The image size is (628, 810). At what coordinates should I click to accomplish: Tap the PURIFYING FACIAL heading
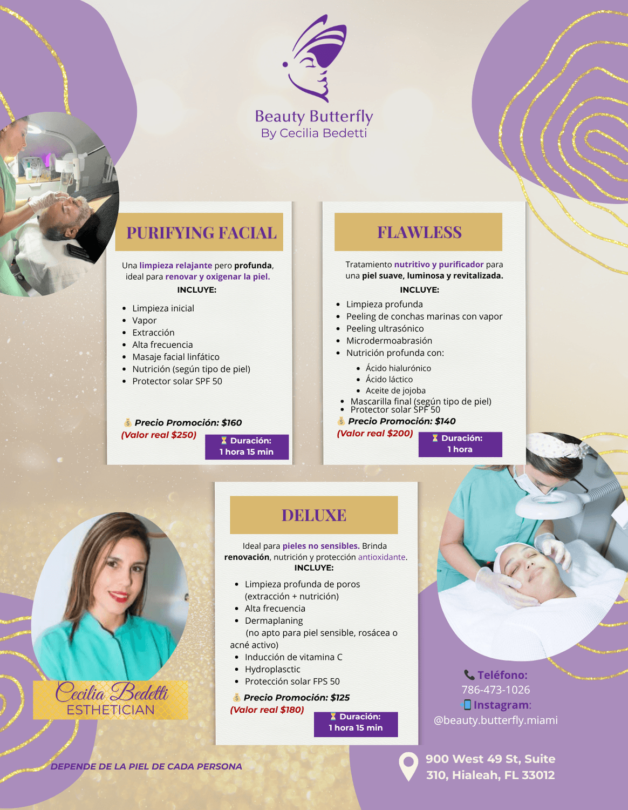(x=201, y=233)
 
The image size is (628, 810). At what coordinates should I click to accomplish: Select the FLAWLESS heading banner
(x=419, y=232)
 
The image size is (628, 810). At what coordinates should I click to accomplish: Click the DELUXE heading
(x=314, y=515)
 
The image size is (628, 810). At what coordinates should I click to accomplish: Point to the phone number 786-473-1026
(x=495, y=690)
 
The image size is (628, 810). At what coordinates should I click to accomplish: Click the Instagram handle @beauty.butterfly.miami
(x=496, y=720)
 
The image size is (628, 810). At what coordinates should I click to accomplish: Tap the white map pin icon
(x=408, y=766)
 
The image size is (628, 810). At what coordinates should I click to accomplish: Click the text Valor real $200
(x=375, y=433)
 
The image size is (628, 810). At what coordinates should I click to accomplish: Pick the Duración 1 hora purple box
(x=460, y=444)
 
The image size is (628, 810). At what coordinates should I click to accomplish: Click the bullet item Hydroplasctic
(x=272, y=669)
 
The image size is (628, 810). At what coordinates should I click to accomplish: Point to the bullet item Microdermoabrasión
(x=389, y=341)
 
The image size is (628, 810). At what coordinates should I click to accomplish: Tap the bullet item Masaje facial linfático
(x=176, y=357)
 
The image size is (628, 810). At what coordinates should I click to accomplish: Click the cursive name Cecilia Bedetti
(x=112, y=692)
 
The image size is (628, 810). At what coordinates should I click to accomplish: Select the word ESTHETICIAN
(x=111, y=710)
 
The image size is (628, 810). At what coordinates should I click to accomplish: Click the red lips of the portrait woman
(x=118, y=597)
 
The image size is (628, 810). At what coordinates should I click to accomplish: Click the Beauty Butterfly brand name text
(x=314, y=117)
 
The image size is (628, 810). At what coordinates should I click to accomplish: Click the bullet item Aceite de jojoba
(x=395, y=390)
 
